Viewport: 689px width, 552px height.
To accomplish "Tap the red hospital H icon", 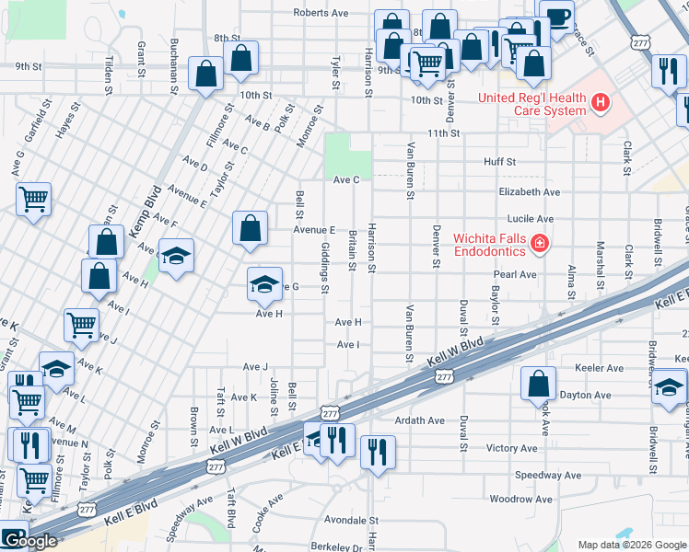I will point(601,101).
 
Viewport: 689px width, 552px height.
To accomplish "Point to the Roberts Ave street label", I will point(321,13).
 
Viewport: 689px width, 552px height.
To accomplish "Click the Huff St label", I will point(500,161).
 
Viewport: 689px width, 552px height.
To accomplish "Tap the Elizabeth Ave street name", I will point(529,192).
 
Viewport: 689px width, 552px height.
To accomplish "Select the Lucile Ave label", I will point(532,219).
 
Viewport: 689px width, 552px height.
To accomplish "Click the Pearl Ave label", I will point(515,274).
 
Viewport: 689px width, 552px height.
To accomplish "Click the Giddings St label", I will point(325,268).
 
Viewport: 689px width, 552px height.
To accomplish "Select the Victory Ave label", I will point(511,448).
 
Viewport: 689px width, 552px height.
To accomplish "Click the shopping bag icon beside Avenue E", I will point(251,229).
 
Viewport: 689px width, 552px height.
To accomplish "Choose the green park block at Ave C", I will point(348,155).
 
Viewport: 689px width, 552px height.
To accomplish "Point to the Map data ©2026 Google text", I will point(631,545).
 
